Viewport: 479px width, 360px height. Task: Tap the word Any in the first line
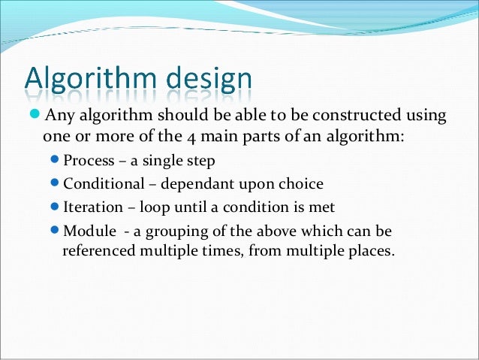click(59, 115)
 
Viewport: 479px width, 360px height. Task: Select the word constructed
click(369, 115)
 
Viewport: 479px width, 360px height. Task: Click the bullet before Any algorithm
click(37, 115)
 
